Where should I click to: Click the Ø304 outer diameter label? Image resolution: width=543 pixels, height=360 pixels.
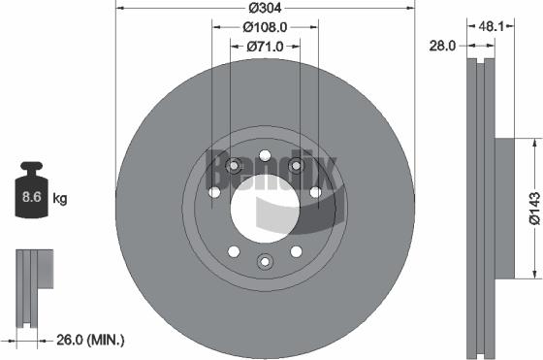tap(266, 8)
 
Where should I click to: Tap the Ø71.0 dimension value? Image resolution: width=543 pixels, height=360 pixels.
tap(265, 46)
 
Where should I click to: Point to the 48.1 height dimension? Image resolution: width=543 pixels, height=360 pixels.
tap(489, 26)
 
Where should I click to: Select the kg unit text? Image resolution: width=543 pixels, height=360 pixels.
tap(59, 200)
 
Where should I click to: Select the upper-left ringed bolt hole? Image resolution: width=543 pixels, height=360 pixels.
tap(233, 168)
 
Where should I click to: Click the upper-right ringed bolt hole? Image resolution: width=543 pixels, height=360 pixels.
tap(297, 168)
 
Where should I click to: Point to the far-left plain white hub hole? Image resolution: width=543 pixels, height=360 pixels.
tap(214, 192)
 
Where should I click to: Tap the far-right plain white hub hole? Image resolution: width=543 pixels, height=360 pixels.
tap(315, 192)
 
